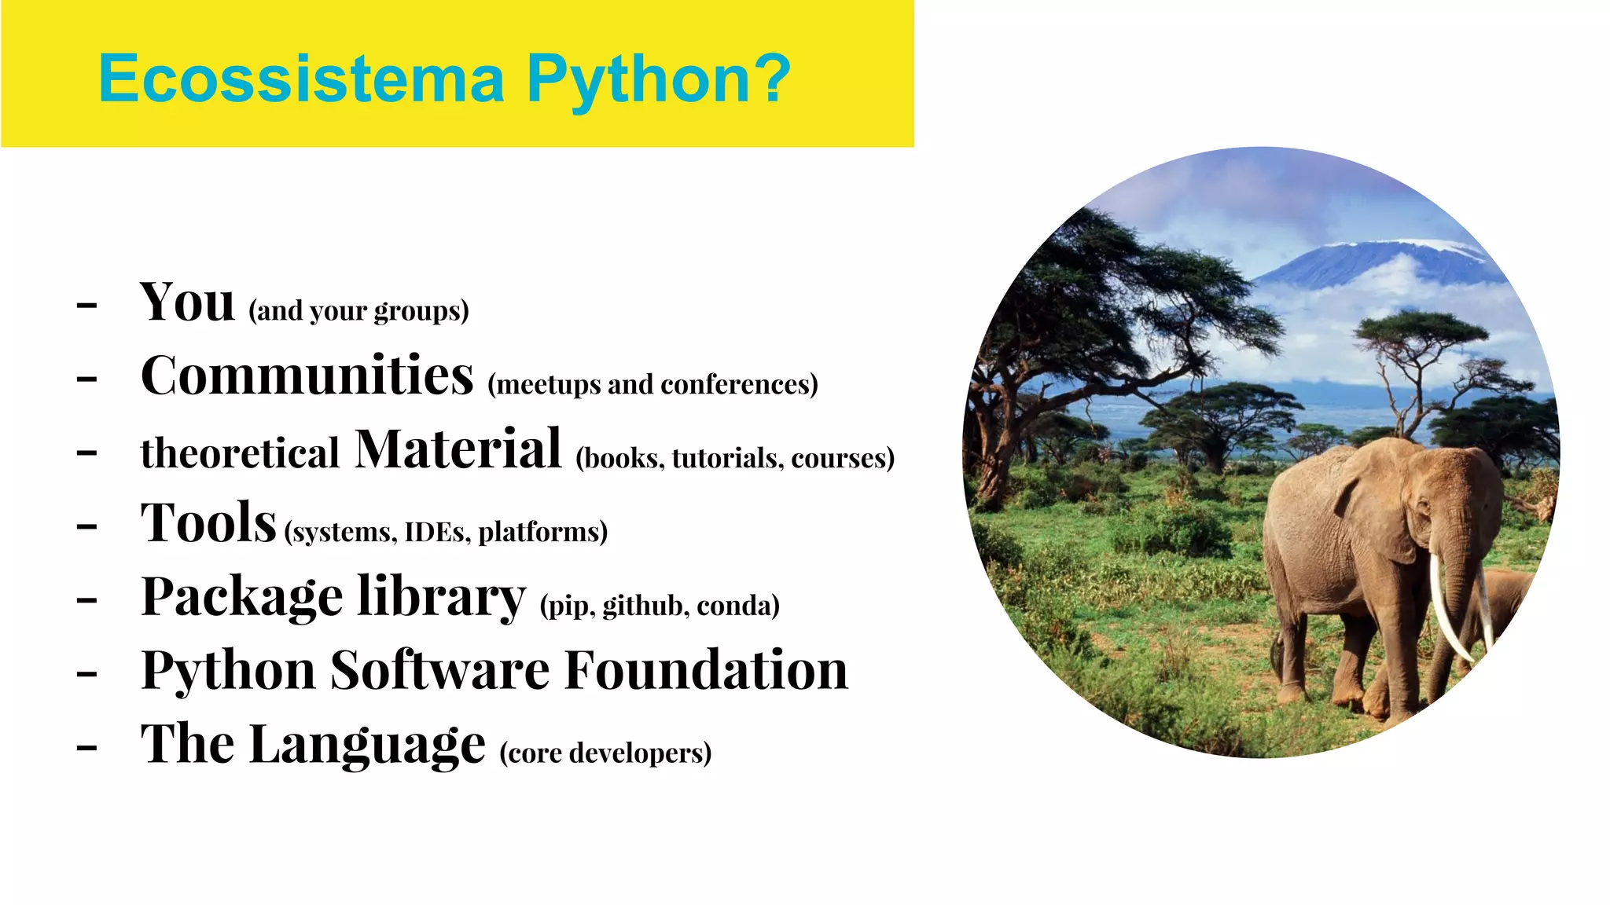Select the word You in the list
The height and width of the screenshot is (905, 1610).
187,302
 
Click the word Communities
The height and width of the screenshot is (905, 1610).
307,376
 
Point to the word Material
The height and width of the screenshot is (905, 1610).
458,449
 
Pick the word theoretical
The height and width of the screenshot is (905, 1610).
240,453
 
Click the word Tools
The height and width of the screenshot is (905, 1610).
208,523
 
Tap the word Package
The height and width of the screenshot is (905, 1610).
242,597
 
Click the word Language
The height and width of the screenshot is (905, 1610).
367,745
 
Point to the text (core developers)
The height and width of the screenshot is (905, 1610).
605,753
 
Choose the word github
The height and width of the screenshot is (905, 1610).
642,606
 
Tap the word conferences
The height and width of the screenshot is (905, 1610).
739,384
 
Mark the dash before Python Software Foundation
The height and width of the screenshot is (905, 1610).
86,672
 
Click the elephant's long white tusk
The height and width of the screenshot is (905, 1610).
1446,605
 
